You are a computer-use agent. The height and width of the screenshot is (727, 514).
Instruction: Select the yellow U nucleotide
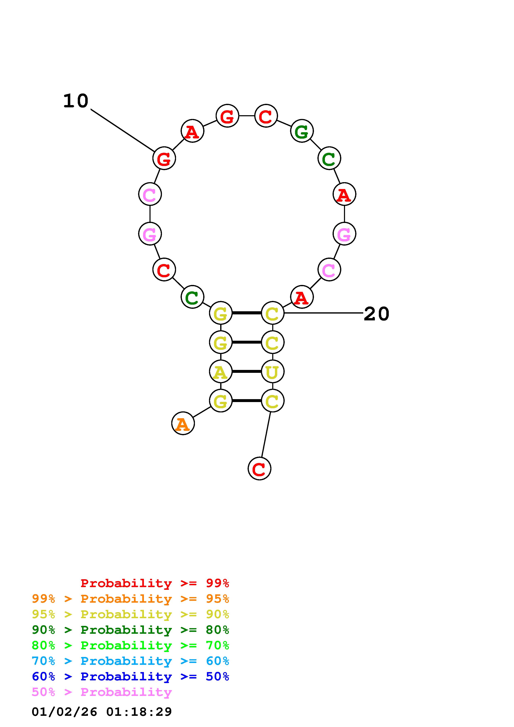click(x=272, y=371)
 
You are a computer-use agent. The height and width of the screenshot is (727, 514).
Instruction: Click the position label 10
click(x=76, y=101)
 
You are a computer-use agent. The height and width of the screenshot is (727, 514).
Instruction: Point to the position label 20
click(x=376, y=314)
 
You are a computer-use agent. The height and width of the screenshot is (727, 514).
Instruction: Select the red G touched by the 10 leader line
click(x=164, y=158)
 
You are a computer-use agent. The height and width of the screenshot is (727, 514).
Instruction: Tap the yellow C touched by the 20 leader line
click(x=272, y=313)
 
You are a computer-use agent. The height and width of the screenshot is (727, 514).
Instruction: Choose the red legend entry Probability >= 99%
click(x=154, y=583)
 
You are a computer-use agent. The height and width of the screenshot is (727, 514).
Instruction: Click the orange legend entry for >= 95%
click(x=130, y=599)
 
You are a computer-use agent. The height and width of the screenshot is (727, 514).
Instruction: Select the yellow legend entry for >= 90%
click(x=130, y=614)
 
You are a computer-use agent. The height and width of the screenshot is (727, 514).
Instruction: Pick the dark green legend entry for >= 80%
click(x=130, y=630)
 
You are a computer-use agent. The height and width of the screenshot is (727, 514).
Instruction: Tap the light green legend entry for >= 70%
click(x=130, y=645)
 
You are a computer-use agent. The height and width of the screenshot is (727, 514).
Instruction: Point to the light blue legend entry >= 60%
click(x=130, y=661)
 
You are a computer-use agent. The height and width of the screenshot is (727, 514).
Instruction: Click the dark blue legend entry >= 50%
click(x=130, y=676)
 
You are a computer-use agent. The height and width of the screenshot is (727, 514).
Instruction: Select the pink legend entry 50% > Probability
click(x=102, y=692)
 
